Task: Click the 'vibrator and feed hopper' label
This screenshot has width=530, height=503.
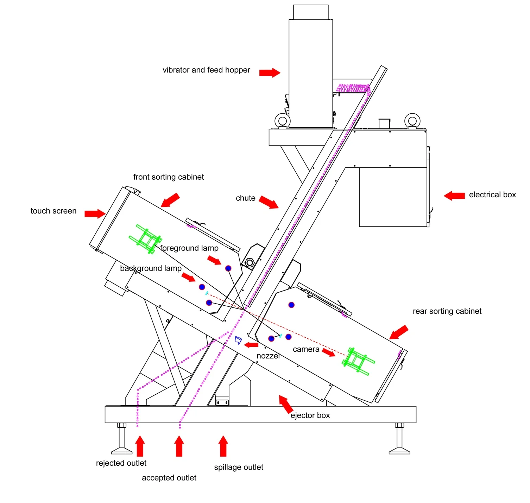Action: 206,70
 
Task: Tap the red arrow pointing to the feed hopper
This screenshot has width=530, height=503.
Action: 270,73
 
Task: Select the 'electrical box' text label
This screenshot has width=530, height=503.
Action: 492,195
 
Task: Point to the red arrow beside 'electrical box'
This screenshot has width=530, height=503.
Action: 454,196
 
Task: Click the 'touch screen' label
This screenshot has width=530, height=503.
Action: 53,211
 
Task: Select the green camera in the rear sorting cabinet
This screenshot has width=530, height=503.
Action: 358,361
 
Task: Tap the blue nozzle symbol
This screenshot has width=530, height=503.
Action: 238,340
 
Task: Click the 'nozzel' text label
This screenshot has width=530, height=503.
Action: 268,356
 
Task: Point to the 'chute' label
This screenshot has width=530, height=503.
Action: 246,198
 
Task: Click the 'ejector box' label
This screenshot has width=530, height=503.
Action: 310,415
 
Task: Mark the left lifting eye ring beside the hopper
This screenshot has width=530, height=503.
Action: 282,121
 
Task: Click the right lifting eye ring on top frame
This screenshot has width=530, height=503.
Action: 412,121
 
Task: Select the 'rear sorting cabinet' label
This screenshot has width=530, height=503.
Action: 447,311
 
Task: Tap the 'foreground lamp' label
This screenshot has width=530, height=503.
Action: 189,248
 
